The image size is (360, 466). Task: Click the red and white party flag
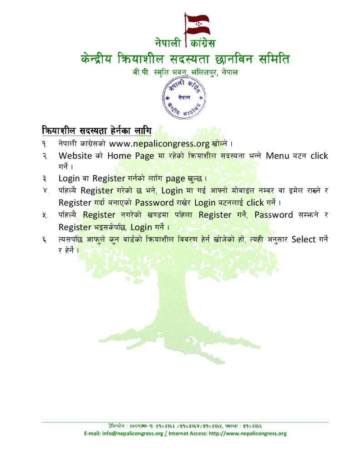197,25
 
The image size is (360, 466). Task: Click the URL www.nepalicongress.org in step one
159,144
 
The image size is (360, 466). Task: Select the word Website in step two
76,156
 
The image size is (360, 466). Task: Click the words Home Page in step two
131,156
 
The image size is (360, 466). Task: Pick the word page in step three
175,178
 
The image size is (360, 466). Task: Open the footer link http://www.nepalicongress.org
248,433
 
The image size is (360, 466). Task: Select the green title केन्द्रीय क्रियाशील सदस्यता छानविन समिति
184,60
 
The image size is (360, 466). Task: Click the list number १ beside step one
45,144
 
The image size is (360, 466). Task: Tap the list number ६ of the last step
45,239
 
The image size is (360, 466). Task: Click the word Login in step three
69,178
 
